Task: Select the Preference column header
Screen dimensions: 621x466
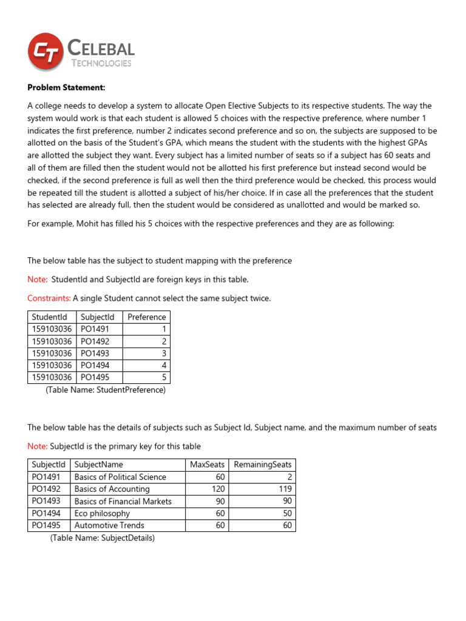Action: click(146, 317)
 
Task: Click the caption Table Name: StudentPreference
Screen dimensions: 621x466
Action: click(106, 390)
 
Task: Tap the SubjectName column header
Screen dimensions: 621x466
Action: click(98, 465)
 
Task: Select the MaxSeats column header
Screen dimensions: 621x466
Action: click(207, 465)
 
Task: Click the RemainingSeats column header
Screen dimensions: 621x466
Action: click(263, 465)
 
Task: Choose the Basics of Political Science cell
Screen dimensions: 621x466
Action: click(120, 477)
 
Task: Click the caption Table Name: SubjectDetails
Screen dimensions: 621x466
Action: click(103, 538)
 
